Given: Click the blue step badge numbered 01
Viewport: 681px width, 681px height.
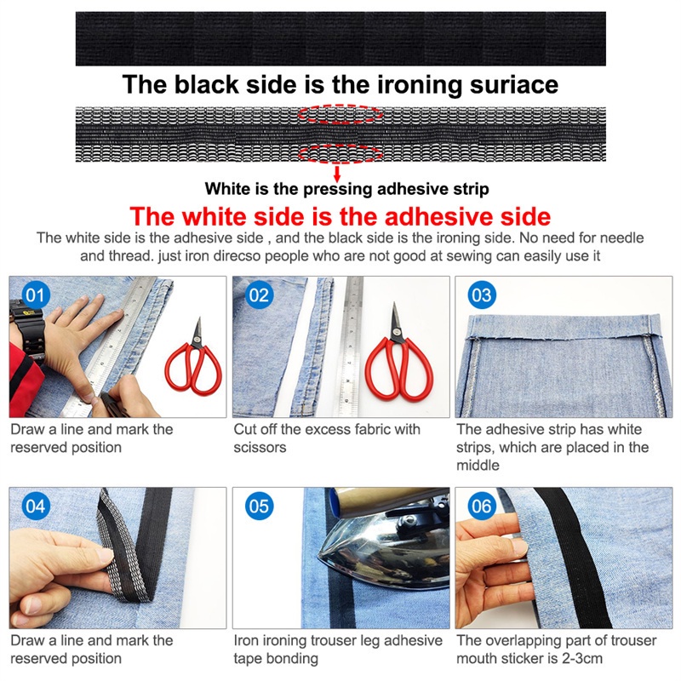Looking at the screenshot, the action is [36, 295].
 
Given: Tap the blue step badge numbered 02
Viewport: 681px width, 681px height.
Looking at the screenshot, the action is [259, 295].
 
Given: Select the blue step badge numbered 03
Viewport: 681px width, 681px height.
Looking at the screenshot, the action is [482, 295].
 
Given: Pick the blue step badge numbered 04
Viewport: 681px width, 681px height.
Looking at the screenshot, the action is [36, 506].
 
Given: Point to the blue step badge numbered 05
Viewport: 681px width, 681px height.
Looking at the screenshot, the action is [259, 506].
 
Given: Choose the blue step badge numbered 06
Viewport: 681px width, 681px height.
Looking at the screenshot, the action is [482, 506].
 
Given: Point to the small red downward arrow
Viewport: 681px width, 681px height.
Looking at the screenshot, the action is [336, 174].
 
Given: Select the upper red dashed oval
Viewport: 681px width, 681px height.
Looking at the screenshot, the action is [340, 114].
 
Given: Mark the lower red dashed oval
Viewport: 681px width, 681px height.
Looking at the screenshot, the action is [340, 154].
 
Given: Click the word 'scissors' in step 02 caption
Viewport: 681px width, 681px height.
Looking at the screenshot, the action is [260, 448].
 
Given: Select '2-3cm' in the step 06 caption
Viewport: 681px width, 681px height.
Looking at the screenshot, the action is [582, 658].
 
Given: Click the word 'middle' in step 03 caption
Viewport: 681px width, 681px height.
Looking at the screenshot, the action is [478, 465].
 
